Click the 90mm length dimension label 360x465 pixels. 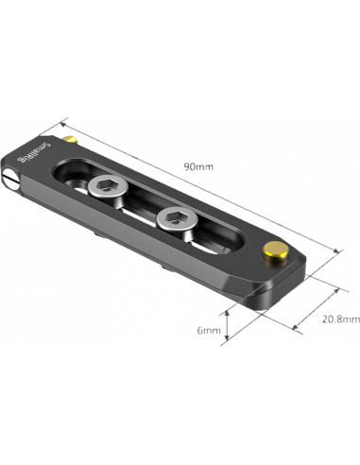200,167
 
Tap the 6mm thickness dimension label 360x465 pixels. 209,331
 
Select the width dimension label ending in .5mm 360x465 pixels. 339,319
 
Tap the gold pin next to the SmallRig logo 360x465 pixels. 73,141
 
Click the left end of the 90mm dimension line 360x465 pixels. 64,121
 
